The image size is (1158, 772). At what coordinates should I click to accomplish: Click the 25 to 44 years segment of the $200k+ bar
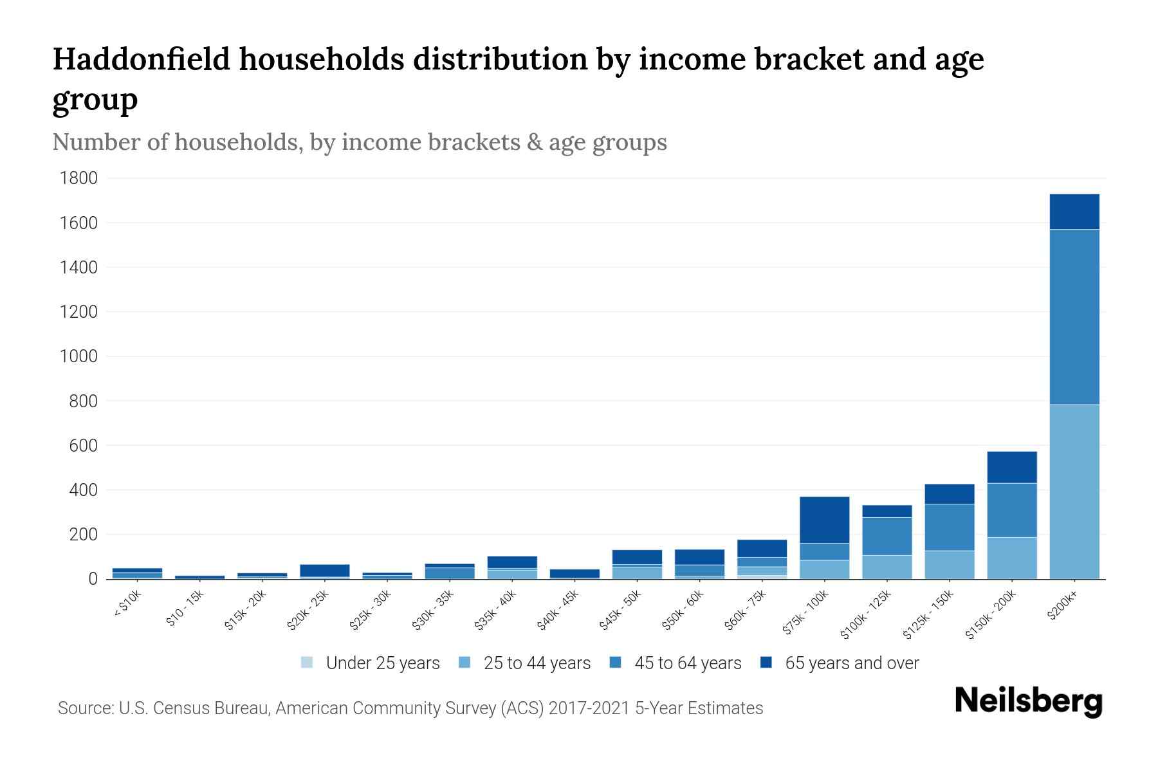click(1074, 492)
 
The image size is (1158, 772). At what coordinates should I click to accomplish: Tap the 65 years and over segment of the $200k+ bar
click(1074, 212)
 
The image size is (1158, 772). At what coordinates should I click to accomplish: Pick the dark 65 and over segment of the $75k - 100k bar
click(824, 520)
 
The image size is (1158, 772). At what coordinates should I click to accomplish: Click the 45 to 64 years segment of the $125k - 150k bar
click(949, 527)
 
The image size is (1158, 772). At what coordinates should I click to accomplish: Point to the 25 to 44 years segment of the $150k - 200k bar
click(1011, 558)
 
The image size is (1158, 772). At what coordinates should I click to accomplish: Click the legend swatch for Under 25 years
click(308, 663)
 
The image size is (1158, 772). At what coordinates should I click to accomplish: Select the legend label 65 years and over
click(851, 663)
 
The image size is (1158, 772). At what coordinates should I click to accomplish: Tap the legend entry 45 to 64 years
click(687, 663)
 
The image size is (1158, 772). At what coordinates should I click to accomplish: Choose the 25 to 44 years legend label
click(537, 663)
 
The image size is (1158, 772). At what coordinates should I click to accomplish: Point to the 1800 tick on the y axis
click(78, 178)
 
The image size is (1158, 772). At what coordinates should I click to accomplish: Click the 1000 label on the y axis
click(78, 356)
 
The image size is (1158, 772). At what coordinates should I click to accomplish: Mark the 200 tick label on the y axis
click(83, 535)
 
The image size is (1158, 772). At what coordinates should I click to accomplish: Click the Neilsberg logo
click(1028, 701)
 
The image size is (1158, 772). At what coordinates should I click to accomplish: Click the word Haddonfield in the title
click(141, 59)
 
